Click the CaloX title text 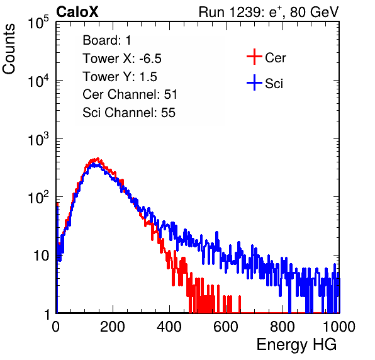click(x=77, y=12)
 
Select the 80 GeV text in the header click(x=315, y=12)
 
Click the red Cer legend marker click(x=254, y=57)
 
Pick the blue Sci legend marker click(x=254, y=82)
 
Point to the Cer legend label click(x=275, y=58)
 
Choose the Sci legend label click(x=274, y=84)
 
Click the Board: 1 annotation click(x=107, y=40)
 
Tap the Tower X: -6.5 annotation click(x=122, y=59)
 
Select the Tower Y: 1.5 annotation click(x=120, y=77)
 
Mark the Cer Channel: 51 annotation click(x=130, y=94)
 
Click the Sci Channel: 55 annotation click(x=129, y=113)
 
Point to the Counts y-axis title click(x=9, y=49)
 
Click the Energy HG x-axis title click(x=296, y=344)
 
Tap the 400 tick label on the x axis click(x=169, y=327)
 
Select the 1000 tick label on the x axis click(x=339, y=327)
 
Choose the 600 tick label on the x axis click(x=226, y=327)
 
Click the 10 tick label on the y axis click(x=41, y=256)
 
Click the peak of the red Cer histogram click(x=98, y=159)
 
